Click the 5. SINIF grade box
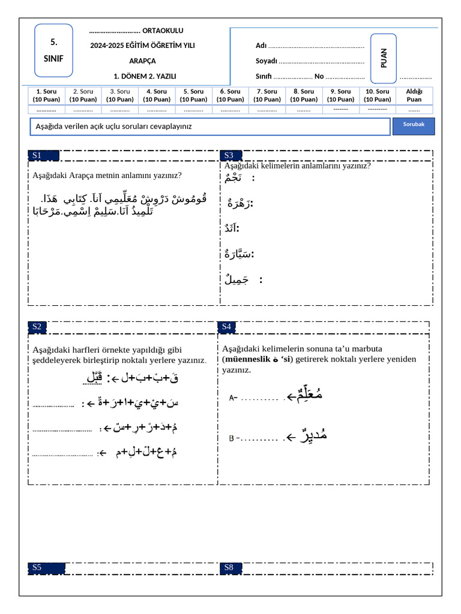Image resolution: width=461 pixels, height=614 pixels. [x=53, y=50]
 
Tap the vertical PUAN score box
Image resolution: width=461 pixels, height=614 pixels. [x=384, y=58]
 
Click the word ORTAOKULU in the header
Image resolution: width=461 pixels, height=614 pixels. [x=163, y=31]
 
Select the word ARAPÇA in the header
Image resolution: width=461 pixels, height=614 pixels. [x=142, y=61]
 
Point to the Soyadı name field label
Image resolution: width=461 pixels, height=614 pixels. [x=266, y=61]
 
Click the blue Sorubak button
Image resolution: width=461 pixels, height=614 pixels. [x=414, y=124]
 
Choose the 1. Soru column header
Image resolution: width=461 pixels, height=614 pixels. [x=46, y=95]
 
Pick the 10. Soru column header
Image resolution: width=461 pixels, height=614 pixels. [x=378, y=95]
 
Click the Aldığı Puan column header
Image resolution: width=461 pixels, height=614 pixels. [x=414, y=95]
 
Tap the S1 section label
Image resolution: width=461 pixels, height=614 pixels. [x=37, y=155]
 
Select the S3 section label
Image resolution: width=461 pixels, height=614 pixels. [x=229, y=155]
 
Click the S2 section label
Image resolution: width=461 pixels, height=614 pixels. [x=37, y=327]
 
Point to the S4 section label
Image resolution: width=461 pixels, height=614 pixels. [x=226, y=327]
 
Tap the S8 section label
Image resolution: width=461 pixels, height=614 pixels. [x=229, y=567]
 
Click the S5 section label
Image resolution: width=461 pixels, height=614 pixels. [x=37, y=567]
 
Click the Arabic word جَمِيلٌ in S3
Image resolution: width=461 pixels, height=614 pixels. [x=234, y=279]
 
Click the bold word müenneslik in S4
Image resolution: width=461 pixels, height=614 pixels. [x=247, y=360]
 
